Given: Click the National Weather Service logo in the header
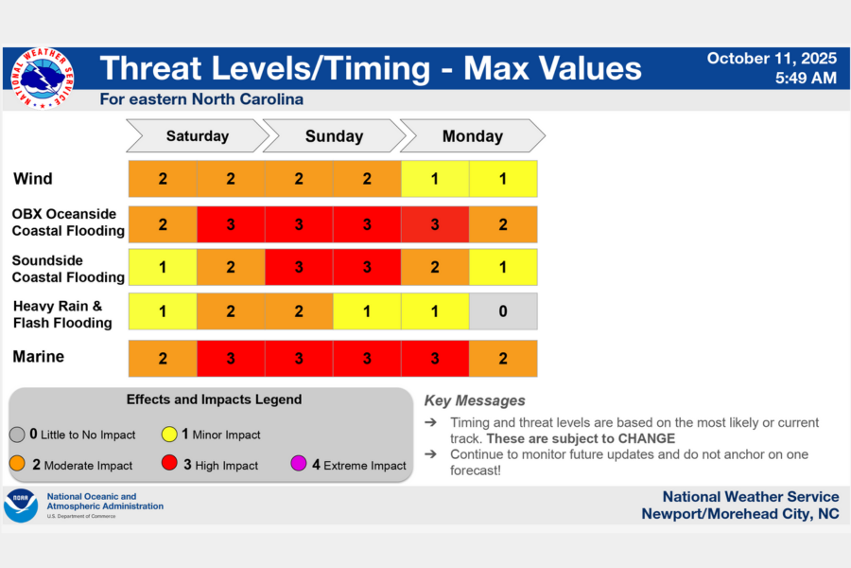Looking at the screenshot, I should [x=42, y=79].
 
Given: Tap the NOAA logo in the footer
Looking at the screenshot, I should [x=21, y=506].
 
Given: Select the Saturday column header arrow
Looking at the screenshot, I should [x=198, y=136].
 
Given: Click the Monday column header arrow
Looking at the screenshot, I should [x=473, y=136].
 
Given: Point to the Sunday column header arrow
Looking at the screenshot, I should [x=334, y=136].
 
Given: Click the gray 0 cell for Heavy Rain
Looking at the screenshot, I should [x=503, y=311].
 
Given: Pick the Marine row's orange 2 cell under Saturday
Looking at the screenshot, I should [x=163, y=358].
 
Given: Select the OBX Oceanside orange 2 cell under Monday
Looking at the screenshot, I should [x=503, y=224].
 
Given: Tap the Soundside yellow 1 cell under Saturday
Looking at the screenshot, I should [x=163, y=268].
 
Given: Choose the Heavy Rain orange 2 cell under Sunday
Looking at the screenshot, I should [x=299, y=311].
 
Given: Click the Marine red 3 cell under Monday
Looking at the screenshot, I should [x=435, y=358].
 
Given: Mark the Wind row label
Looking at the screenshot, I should [x=33, y=179].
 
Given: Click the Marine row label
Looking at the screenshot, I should [x=39, y=357].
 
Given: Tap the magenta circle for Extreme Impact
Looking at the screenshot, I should [x=300, y=465].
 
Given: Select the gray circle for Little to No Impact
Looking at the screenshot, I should [x=18, y=435].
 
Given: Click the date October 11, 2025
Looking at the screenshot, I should [x=772, y=59].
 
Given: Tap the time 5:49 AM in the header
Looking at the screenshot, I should [x=806, y=79].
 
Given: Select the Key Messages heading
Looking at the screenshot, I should [x=475, y=400].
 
